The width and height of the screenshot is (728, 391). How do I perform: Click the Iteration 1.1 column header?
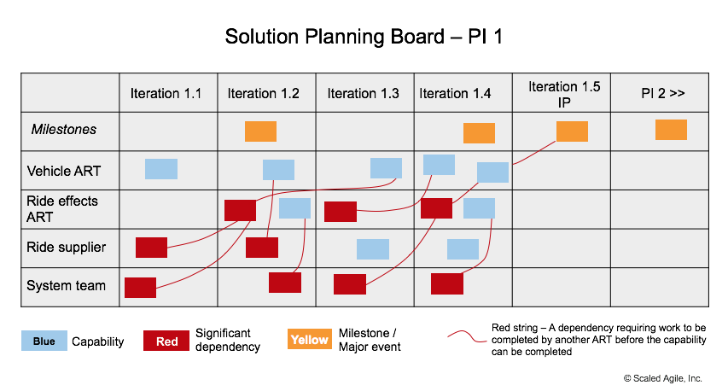pyautogui.click(x=166, y=93)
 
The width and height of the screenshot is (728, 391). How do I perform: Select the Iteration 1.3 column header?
pyautogui.click(x=363, y=93)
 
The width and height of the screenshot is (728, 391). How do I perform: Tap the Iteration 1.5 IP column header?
pyautogui.click(x=564, y=93)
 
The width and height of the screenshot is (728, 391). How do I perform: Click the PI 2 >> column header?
pyautogui.click(x=663, y=93)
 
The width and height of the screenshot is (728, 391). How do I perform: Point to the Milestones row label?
pyautogui.click(x=64, y=130)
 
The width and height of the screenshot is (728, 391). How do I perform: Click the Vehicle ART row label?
pyautogui.click(x=63, y=171)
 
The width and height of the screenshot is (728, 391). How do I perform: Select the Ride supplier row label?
pyautogui.click(x=66, y=248)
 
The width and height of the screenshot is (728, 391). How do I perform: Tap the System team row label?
pyautogui.click(x=66, y=286)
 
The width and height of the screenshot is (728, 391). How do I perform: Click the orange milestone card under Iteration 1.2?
pyautogui.click(x=260, y=131)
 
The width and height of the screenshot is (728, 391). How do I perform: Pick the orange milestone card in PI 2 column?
pyautogui.click(x=671, y=130)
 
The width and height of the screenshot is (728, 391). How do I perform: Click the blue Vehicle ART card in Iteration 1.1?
pyautogui.click(x=161, y=169)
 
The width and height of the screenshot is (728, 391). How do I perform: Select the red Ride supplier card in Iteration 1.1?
pyautogui.click(x=152, y=248)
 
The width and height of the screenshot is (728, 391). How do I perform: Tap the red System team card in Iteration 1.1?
pyautogui.click(x=140, y=288)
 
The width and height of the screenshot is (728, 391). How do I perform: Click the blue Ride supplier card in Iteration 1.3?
pyautogui.click(x=373, y=249)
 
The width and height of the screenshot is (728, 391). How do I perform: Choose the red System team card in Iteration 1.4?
pyautogui.click(x=446, y=283)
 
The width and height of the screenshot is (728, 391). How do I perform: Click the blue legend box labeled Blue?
pyautogui.click(x=44, y=341)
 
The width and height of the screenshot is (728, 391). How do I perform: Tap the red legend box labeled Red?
pyautogui.click(x=166, y=341)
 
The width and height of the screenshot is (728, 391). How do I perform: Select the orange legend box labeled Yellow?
pyautogui.click(x=309, y=340)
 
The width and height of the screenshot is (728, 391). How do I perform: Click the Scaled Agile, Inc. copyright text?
pyautogui.click(x=662, y=377)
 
